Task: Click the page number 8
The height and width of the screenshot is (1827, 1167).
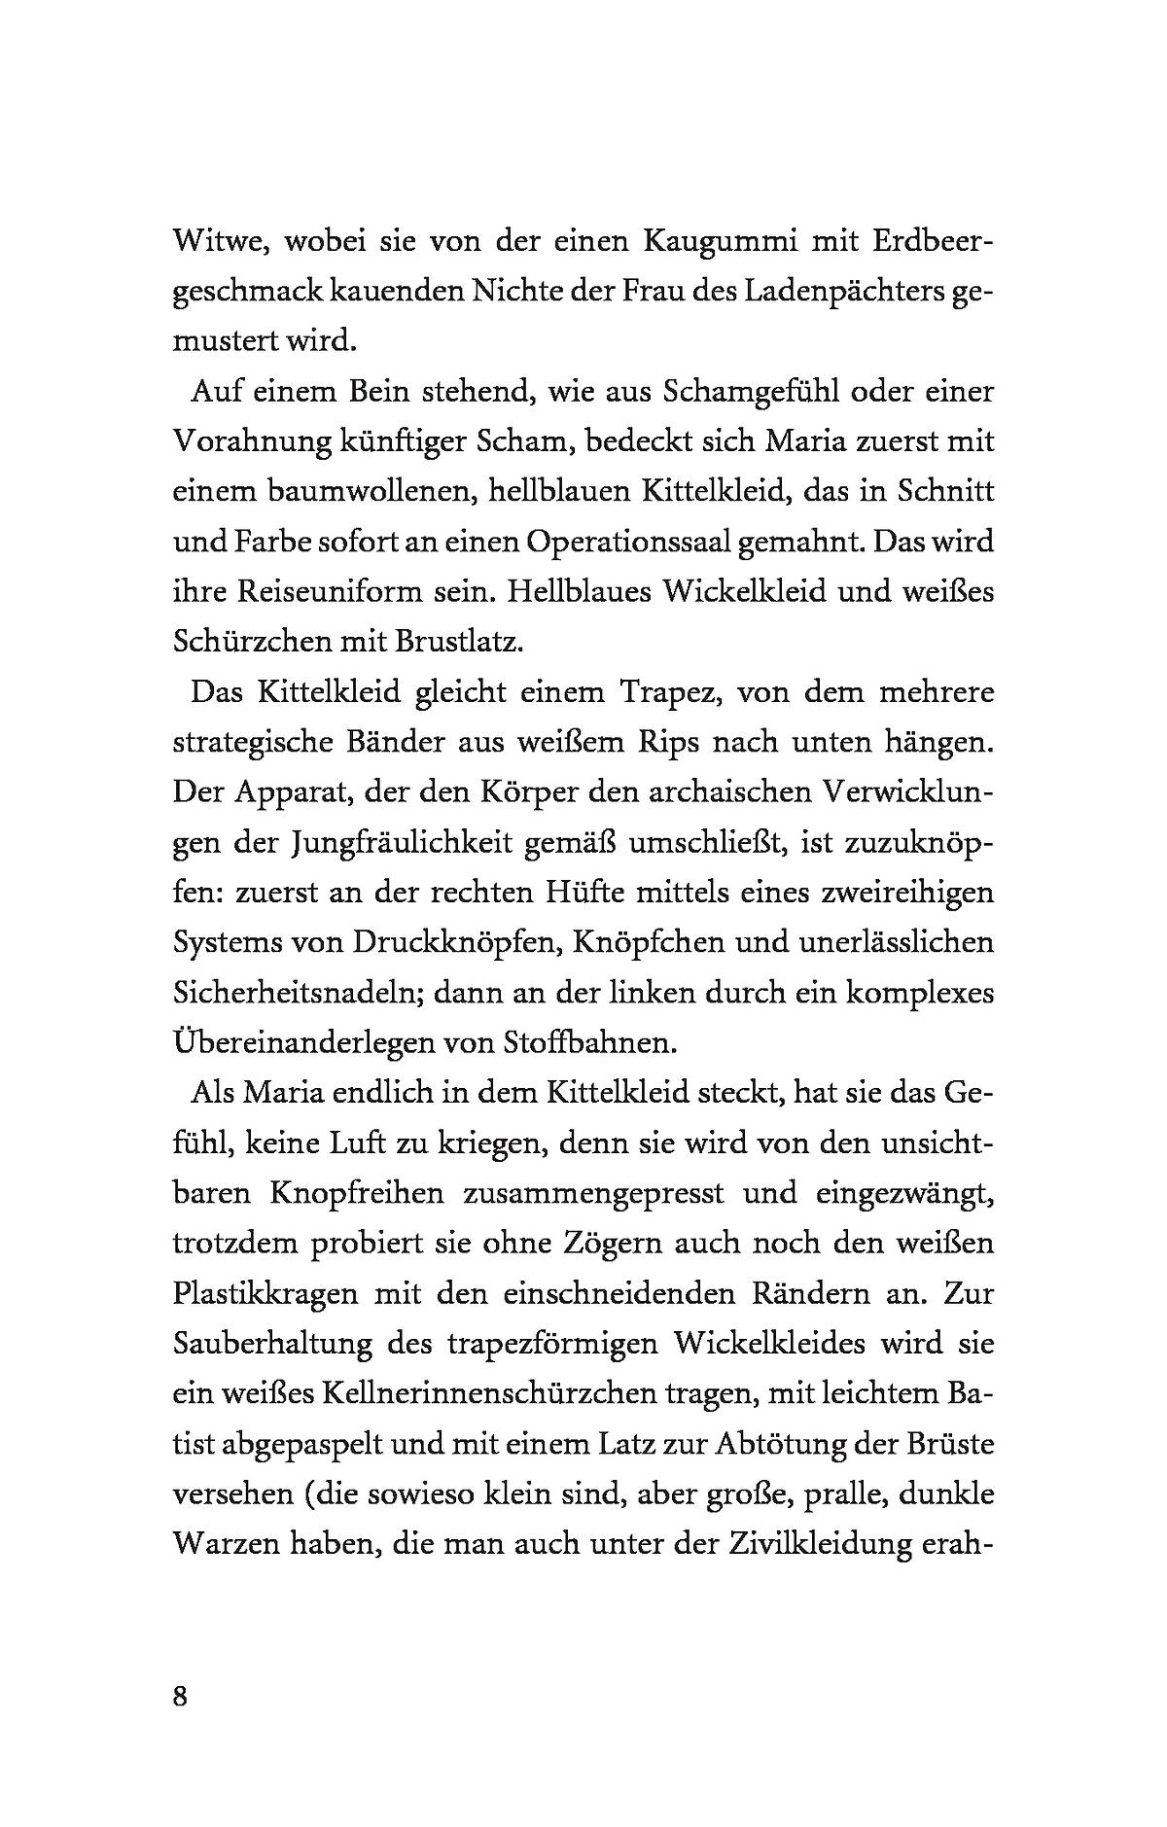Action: (x=179, y=1697)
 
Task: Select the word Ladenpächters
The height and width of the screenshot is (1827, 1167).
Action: (x=836, y=292)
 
